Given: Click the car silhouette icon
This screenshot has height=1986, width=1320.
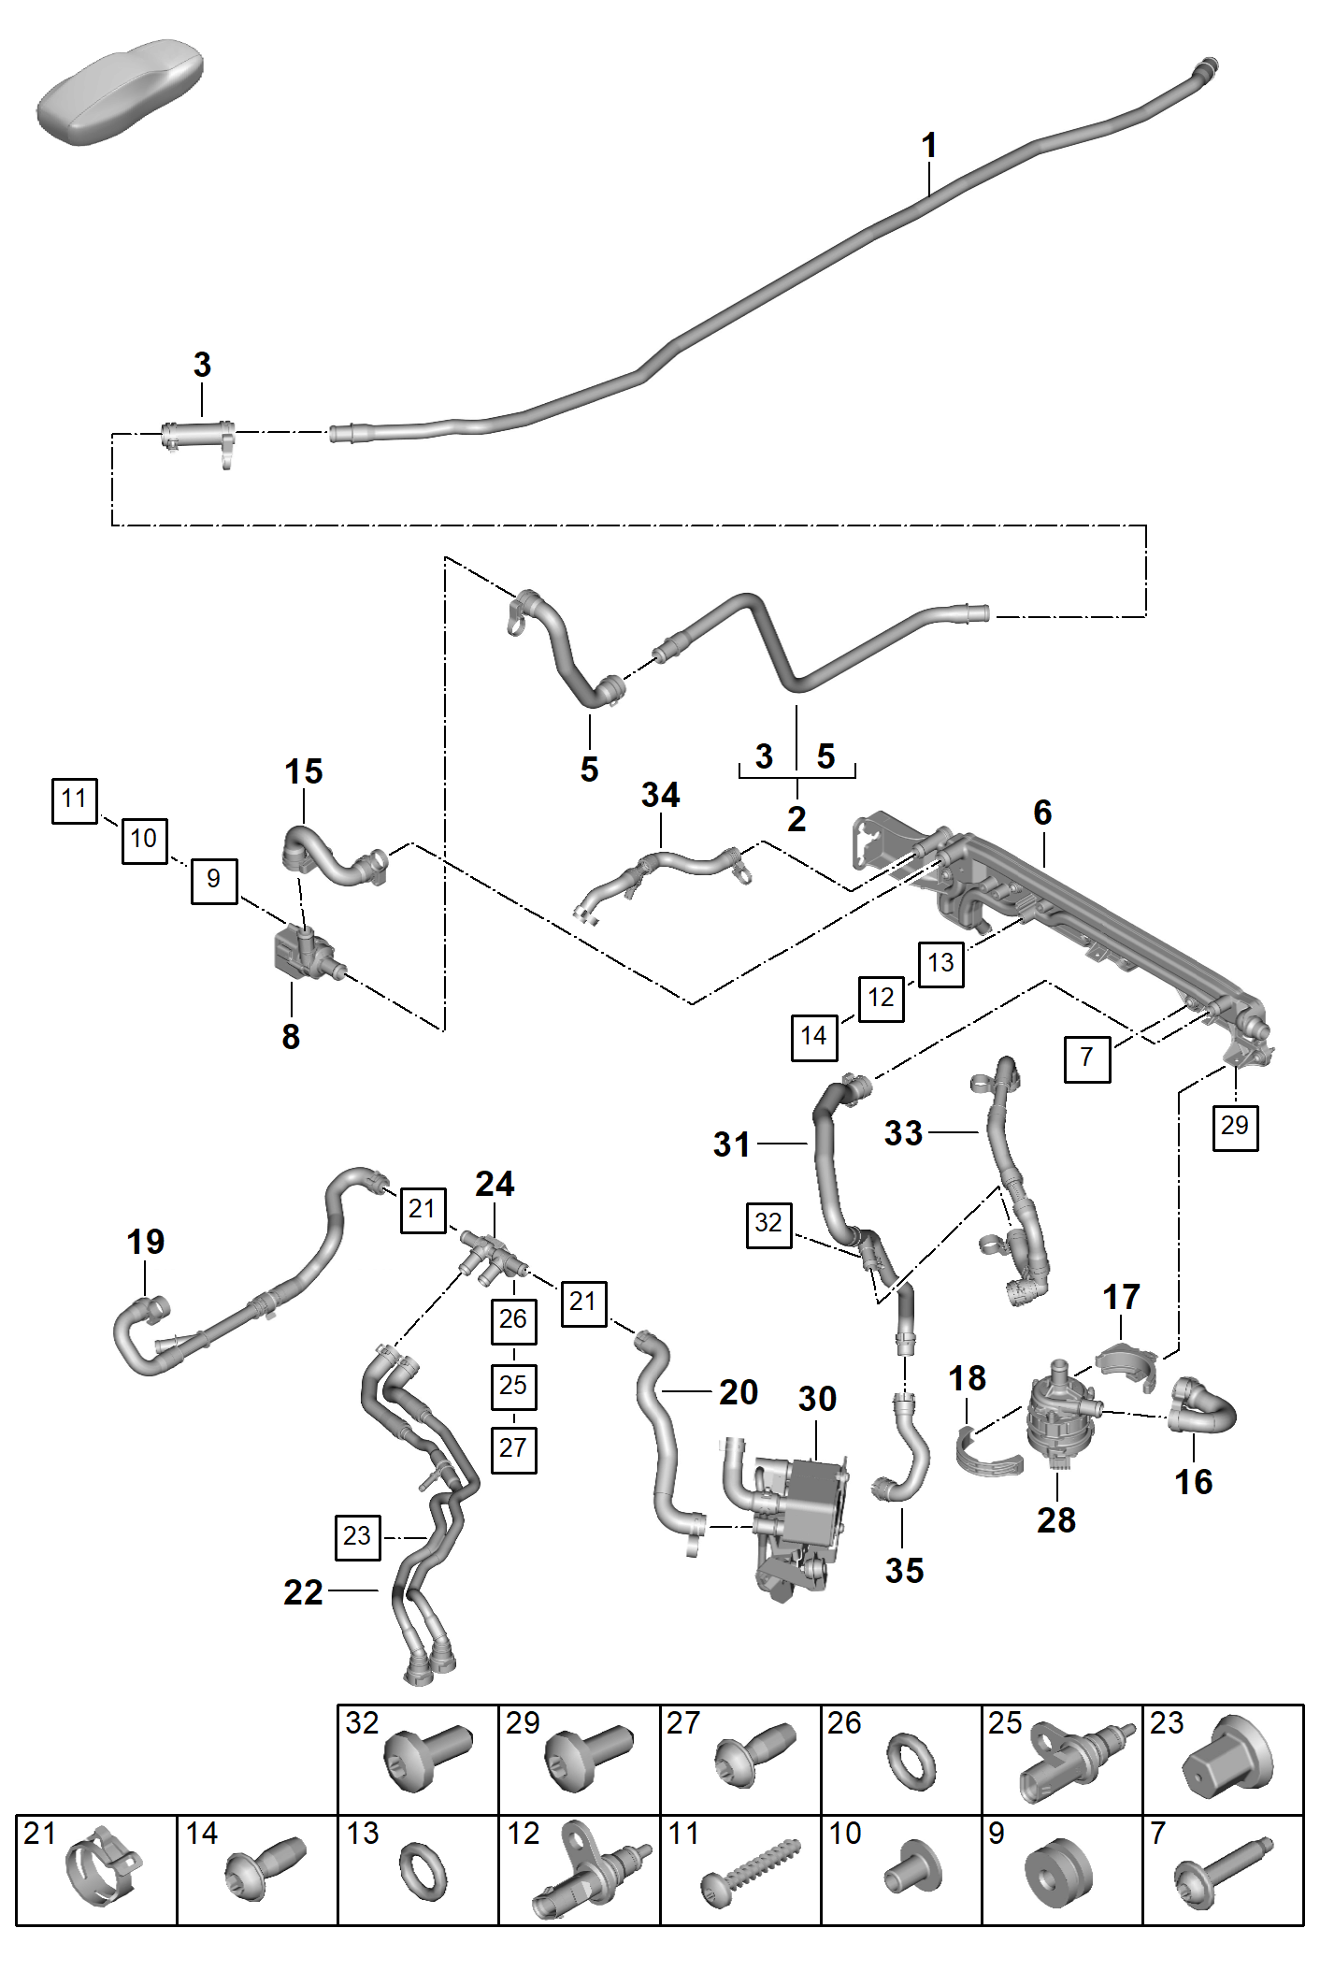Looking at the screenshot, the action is [x=120, y=91].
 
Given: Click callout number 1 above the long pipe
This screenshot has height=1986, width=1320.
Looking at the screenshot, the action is [x=928, y=145].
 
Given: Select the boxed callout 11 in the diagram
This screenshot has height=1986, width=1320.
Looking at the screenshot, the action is [x=75, y=800].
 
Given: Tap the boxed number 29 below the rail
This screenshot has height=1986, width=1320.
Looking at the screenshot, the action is [x=1235, y=1127].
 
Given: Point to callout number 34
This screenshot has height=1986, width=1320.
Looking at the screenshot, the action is [x=661, y=795].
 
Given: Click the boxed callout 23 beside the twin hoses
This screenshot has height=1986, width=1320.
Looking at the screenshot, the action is [x=357, y=1537].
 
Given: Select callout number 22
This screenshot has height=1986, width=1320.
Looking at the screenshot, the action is [x=303, y=1591].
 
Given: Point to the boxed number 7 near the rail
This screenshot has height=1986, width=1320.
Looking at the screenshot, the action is [x=1087, y=1058].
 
